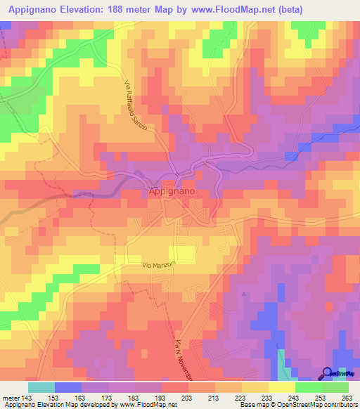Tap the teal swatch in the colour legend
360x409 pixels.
pos(41,387)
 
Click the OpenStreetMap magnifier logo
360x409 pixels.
pos(328,373)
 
